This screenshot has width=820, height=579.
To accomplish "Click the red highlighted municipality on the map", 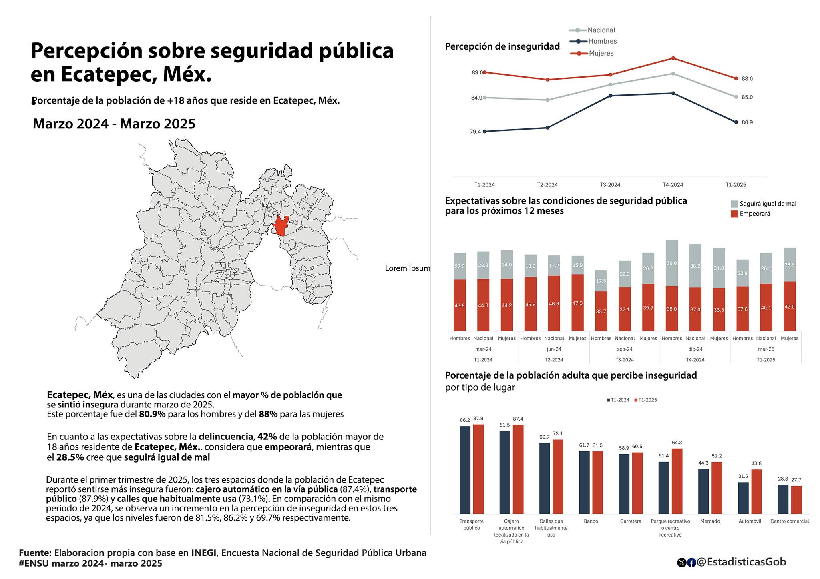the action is click(281, 226).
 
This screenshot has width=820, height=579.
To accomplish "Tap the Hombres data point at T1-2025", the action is click(736, 122).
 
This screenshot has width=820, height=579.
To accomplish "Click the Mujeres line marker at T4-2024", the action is click(673, 58).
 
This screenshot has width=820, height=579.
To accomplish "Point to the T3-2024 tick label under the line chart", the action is click(610, 185).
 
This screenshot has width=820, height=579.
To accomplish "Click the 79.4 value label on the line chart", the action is click(475, 132).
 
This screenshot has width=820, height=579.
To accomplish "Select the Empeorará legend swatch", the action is click(734, 214).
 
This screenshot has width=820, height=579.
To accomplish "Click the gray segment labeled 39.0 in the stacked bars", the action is click(672, 263).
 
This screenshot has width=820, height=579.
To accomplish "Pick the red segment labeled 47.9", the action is click(577, 303).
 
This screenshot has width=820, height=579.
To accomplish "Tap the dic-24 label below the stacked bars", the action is click(695, 349).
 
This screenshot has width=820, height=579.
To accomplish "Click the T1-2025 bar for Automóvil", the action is click(756, 492).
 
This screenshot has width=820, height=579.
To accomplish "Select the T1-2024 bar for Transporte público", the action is click(465, 470).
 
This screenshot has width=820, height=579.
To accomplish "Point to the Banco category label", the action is click(591, 521).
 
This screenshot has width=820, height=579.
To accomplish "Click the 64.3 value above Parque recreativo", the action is click(677, 443).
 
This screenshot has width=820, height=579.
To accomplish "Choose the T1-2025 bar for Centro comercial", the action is click(796, 500).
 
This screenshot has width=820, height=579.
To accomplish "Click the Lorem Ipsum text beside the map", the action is click(408, 268).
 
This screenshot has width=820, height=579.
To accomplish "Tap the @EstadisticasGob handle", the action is click(742, 562).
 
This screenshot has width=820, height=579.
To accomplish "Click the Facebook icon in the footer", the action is click(691, 563).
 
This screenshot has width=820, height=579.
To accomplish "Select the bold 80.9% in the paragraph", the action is click(152, 414).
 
